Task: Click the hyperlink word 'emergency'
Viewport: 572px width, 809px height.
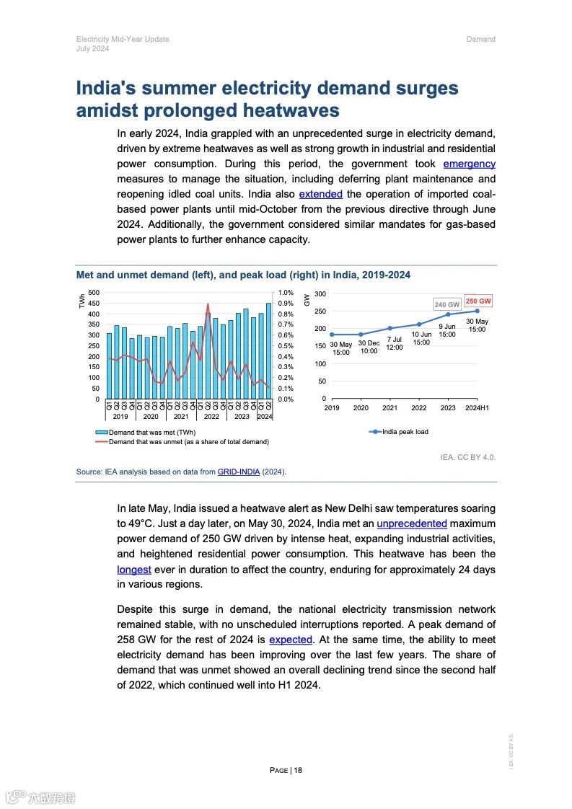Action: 469,164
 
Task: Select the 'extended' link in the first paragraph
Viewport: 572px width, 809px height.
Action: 320,194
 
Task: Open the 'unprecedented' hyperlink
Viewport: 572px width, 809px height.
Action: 411,523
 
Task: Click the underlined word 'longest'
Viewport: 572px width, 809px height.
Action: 134,570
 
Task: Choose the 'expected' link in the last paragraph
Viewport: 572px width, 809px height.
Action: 291,640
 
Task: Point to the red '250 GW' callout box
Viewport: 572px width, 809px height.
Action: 478,301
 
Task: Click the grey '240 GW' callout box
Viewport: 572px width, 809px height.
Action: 446,305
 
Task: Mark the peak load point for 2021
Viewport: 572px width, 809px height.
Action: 390,328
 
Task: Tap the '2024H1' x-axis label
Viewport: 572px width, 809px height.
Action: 477,408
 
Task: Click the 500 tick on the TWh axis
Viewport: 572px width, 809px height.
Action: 94,293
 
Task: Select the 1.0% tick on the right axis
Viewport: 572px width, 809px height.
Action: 286,293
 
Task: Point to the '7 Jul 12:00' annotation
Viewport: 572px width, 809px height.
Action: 394,343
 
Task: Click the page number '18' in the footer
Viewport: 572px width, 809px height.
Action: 298,770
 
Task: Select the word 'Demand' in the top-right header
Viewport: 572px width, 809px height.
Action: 480,39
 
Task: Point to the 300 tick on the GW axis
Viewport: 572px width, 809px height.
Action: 320,294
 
